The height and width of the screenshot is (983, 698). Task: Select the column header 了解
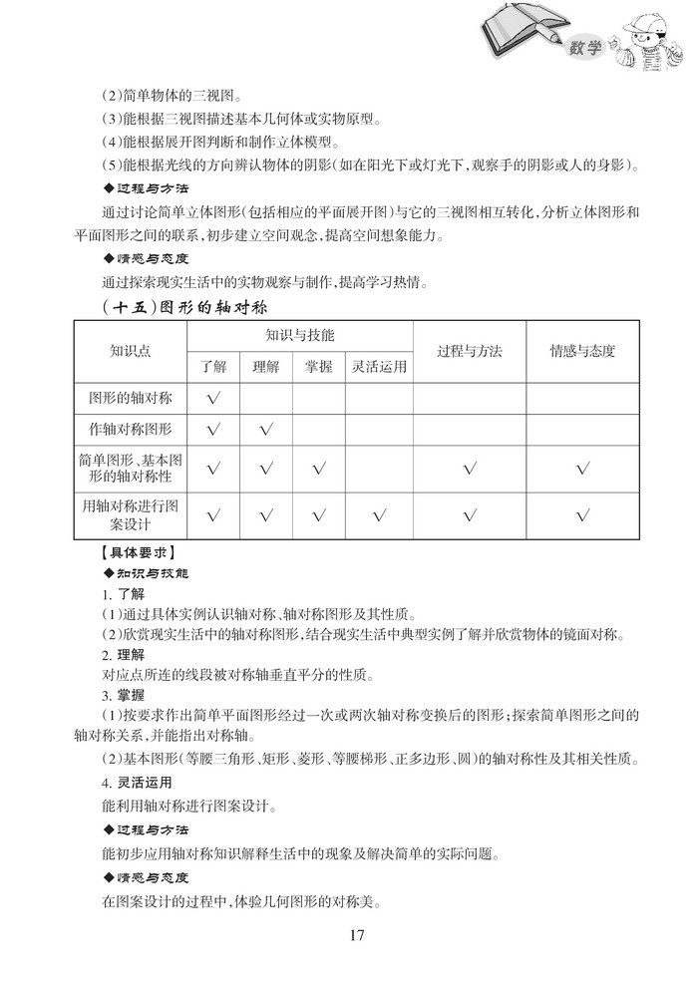[212, 366]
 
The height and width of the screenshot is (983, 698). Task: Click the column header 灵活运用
[379, 366]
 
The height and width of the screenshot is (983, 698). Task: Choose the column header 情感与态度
[582, 351]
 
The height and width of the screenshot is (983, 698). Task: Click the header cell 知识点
[130, 351]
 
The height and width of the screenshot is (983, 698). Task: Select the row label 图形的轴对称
[130, 398]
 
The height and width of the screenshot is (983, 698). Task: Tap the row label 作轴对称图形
[130, 430]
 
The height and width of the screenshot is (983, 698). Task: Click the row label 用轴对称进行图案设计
[130, 514]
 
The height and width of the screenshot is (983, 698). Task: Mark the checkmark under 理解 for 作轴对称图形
[265, 431]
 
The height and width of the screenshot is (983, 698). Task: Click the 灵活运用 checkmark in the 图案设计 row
[379, 515]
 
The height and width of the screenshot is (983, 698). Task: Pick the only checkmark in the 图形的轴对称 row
[212, 399]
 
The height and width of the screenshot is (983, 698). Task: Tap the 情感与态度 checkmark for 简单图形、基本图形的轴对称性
[582, 469]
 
